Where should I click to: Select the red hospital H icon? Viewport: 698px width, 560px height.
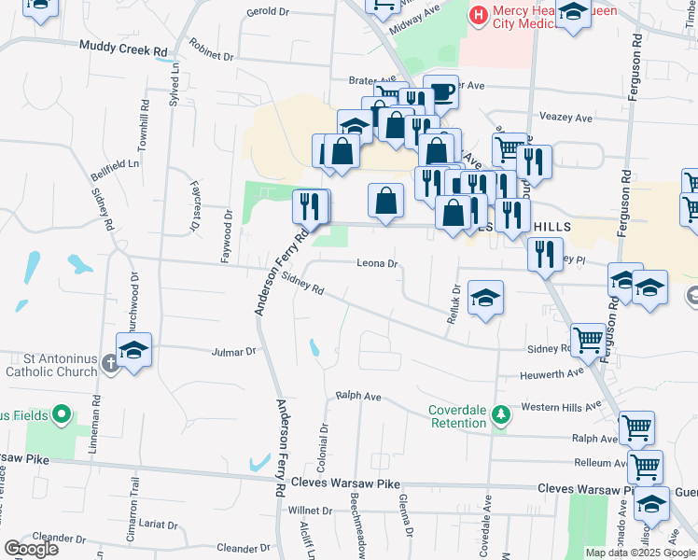click(478, 16)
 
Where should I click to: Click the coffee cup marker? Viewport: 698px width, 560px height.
click(441, 91)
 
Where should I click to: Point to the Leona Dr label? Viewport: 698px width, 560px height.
click(377, 264)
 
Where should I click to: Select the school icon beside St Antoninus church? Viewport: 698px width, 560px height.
click(134, 350)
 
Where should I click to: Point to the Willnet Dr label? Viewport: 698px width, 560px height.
click(310, 511)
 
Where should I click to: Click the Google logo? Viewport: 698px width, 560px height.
click(31, 549)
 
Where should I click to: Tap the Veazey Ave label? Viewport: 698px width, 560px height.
click(566, 119)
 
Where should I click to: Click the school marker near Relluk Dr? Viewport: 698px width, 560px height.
click(485, 298)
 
